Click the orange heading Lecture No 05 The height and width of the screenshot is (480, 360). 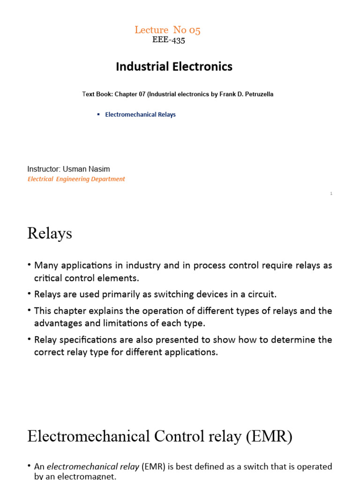pyautogui.click(x=167, y=30)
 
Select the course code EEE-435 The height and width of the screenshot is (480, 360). pyautogui.click(x=169, y=40)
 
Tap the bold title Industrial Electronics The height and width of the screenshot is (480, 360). pyautogui.click(x=174, y=67)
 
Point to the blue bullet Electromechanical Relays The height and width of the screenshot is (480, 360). pyautogui.click(x=140, y=114)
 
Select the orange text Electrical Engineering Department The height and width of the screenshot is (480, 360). pyautogui.click(x=76, y=179)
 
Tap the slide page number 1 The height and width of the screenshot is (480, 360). pyautogui.click(x=331, y=194)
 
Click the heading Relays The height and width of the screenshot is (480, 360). pyautogui.click(x=50, y=233)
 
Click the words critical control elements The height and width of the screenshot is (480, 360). pyautogui.click(x=87, y=278)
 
